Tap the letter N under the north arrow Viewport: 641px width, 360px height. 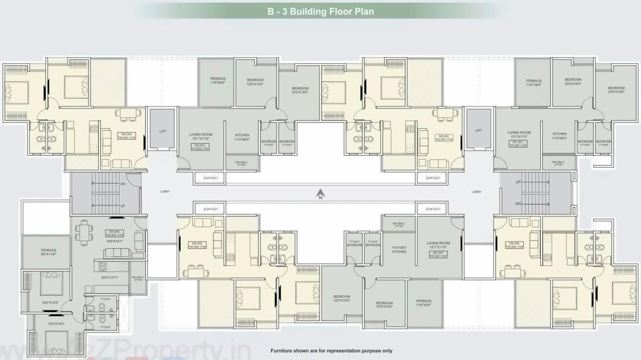tap(320, 198)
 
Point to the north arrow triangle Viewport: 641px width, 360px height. tap(320, 191)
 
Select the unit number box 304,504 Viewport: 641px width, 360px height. tap(126, 136)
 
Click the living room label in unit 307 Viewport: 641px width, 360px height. tap(438, 245)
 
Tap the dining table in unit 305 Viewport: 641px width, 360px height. tap(83, 231)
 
